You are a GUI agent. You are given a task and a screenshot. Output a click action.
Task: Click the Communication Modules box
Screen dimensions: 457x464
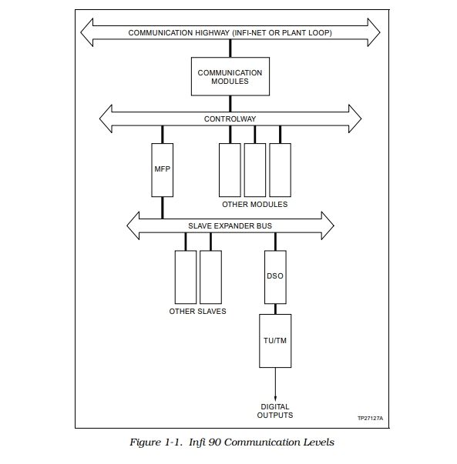[x=230, y=76]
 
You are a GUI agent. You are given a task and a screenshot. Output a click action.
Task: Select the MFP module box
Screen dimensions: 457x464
[x=162, y=170]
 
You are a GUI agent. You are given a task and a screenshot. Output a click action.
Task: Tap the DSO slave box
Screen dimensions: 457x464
[x=275, y=277]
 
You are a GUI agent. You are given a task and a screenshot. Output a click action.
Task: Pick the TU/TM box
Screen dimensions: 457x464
[x=275, y=341]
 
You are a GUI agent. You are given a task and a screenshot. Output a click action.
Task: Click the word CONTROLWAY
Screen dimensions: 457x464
[x=230, y=119]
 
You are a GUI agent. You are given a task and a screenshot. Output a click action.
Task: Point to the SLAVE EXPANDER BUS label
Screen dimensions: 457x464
[x=230, y=226]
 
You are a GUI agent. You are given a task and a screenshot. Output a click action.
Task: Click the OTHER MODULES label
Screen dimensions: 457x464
[x=255, y=205]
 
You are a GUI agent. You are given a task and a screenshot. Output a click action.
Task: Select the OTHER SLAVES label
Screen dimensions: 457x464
[x=198, y=312]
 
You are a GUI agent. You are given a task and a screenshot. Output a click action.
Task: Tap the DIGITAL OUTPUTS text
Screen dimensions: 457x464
[x=275, y=411]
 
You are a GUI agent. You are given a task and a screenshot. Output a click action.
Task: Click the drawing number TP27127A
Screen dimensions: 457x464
[x=370, y=418]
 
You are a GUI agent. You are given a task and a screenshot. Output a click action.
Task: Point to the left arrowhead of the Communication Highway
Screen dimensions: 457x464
[x=87, y=32]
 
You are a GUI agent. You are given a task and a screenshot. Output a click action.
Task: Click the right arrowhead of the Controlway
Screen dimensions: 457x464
[x=355, y=119]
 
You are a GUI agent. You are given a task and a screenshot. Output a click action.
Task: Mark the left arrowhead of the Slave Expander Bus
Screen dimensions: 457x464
[x=133, y=225]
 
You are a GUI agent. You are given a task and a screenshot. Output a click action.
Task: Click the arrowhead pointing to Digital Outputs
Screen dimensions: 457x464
[x=275, y=398]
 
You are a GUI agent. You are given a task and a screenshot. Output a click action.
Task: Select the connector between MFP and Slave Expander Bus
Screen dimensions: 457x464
[x=162, y=208]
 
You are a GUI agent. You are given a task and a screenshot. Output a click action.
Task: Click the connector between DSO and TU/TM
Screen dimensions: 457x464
[x=275, y=309]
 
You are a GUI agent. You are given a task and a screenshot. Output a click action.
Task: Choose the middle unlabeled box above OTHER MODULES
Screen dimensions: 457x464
[x=255, y=170]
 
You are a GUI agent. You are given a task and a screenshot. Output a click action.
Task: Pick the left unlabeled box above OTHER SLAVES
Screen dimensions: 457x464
[x=186, y=277]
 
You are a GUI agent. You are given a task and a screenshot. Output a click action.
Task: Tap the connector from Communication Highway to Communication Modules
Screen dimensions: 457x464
[x=230, y=48]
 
